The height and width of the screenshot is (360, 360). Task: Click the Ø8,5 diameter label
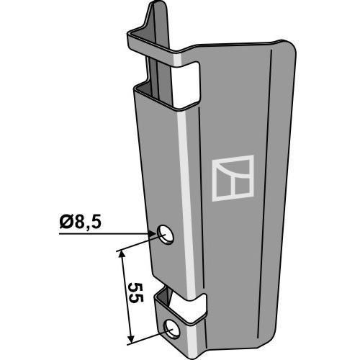[81, 222]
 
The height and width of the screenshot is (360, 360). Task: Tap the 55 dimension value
[136, 292]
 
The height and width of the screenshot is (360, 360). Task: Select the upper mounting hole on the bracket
[166, 235]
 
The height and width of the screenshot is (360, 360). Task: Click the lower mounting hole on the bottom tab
[171, 329]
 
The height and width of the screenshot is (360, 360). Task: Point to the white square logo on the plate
[233, 178]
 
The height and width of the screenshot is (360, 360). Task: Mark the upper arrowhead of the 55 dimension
[122, 254]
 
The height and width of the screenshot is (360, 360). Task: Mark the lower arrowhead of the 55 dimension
[130, 339]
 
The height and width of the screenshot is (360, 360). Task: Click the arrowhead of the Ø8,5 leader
[152, 233]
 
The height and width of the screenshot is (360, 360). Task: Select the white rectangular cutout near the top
[185, 85]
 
